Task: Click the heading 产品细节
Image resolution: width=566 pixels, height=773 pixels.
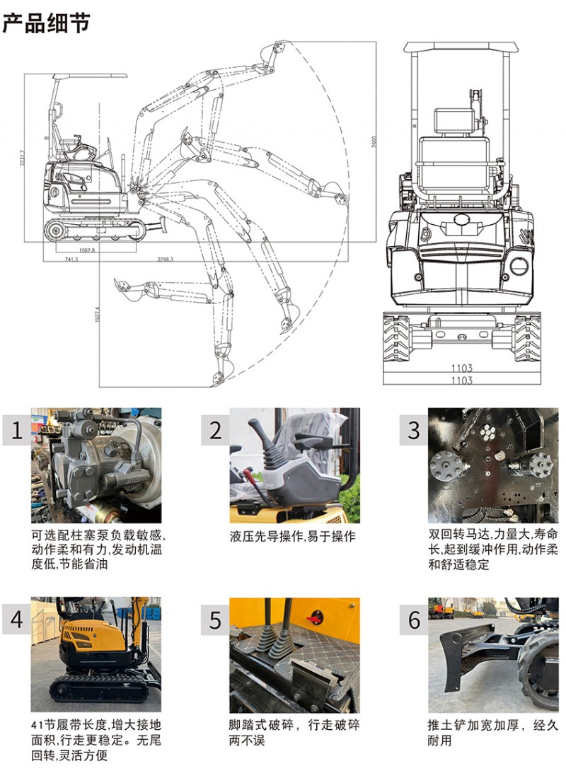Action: click(x=46, y=22)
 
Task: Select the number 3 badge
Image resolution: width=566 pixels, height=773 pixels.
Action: click(x=414, y=430)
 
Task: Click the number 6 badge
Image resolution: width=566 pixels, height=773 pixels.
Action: click(x=414, y=620)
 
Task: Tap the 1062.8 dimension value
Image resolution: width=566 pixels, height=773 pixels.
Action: click(x=86, y=250)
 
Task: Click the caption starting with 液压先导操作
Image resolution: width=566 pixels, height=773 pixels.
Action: click(x=292, y=536)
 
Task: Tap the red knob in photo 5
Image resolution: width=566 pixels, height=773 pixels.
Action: click(x=313, y=619)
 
